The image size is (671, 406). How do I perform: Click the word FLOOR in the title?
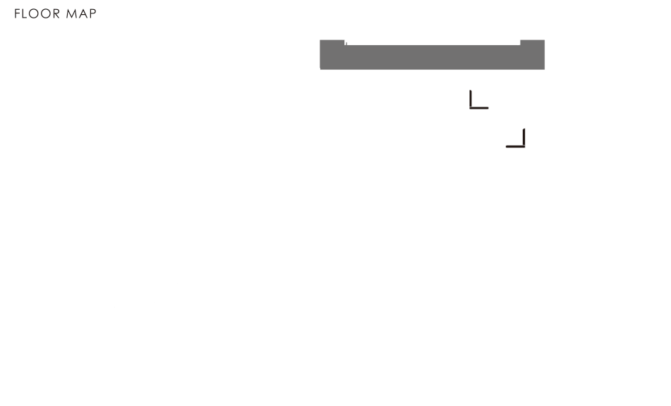pos(37,13)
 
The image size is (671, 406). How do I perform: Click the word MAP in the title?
pos(82,13)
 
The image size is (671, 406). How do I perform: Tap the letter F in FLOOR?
pos(18,13)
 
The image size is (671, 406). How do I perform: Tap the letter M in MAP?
pos(73,13)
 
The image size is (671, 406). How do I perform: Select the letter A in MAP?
pos(83,13)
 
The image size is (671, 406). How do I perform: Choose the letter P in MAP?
pos(92,13)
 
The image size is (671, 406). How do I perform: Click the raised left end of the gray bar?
pos(332,43)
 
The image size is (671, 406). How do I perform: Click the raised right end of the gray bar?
pos(533,43)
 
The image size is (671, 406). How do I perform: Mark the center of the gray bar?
pos(432,57)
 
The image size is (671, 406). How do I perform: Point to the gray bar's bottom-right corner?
pos(543,68)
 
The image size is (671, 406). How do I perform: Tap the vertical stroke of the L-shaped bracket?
pos(470,98)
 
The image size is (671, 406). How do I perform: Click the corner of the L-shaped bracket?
pos(471,107)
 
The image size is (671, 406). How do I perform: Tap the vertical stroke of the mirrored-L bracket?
pos(524,137)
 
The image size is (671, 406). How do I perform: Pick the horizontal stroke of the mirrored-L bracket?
pos(514,146)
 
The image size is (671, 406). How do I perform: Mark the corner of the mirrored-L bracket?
pos(524,146)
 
